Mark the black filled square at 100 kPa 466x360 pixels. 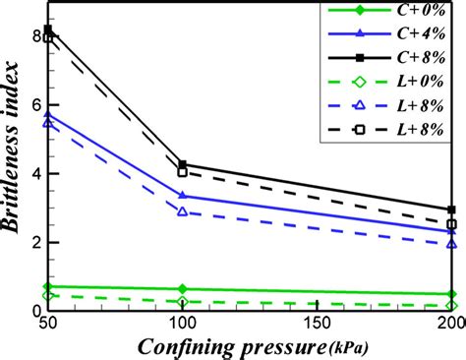coord(183,165)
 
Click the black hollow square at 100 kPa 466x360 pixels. coord(183,172)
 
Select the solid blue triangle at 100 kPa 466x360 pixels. coord(183,196)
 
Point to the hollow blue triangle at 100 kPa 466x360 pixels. coord(183,211)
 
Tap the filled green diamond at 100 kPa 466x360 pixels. coord(183,289)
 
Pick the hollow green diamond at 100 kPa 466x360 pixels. coord(183,301)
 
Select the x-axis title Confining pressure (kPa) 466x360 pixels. coord(251,346)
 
